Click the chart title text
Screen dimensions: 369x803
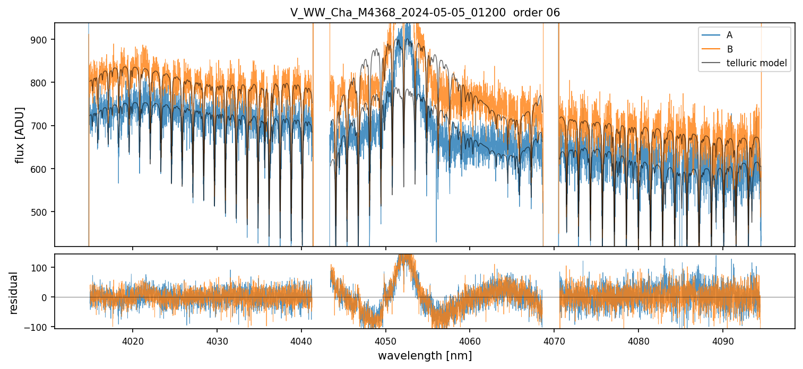click(x=425, y=13)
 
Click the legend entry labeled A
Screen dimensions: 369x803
click(x=729, y=35)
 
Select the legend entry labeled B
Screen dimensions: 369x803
click(x=729, y=49)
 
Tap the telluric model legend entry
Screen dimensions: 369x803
click(x=756, y=64)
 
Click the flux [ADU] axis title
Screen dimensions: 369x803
click(x=20, y=135)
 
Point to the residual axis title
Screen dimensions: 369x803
click(x=13, y=293)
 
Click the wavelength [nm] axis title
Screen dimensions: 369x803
click(x=425, y=356)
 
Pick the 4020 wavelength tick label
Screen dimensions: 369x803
click(x=132, y=341)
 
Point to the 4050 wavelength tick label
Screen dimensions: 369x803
click(x=385, y=341)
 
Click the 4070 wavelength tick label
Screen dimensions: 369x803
click(x=554, y=341)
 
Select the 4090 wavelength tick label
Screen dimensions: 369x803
click(x=723, y=341)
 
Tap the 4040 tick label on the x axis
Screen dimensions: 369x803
click(x=301, y=341)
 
